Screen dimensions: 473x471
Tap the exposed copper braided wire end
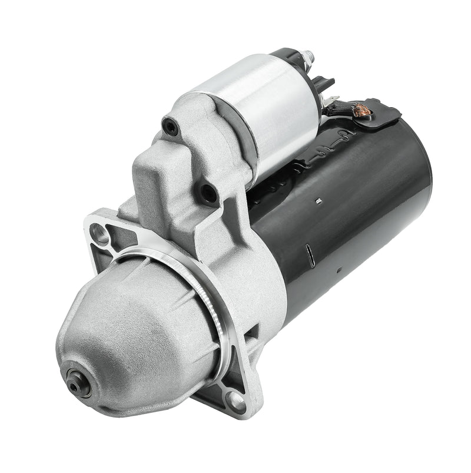point(356,108)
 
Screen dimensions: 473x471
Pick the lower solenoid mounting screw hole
point(208,191)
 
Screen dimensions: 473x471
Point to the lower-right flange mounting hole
point(237,402)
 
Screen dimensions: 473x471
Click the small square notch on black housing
point(318,202)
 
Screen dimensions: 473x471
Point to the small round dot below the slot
point(338,272)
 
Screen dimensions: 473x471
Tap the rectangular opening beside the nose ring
point(253,333)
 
